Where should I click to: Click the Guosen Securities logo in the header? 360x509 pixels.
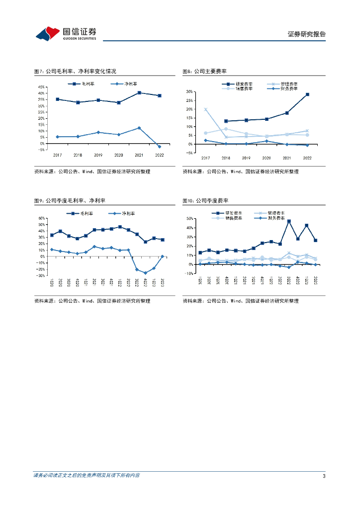click(x=66, y=33)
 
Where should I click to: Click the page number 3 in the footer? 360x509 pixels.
click(x=324, y=476)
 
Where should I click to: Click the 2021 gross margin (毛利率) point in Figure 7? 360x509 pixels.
click(x=139, y=93)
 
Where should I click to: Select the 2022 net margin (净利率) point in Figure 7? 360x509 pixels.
click(x=160, y=147)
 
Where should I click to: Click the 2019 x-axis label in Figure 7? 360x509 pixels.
click(x=98, y=155)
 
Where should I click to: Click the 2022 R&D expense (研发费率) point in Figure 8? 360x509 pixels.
click(x=307, y=94)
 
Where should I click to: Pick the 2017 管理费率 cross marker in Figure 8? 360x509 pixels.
click(x=205, y=109)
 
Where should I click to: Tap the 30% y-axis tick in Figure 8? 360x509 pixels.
click(x=189, y=92)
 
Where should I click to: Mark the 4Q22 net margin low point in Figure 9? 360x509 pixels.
click(x=145, y=273)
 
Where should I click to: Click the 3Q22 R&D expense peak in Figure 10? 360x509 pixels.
click(x=289, y=221)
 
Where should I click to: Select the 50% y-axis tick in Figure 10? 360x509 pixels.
click(x=189, y=219)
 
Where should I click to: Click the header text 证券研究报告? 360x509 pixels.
click(x=306, y=34)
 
